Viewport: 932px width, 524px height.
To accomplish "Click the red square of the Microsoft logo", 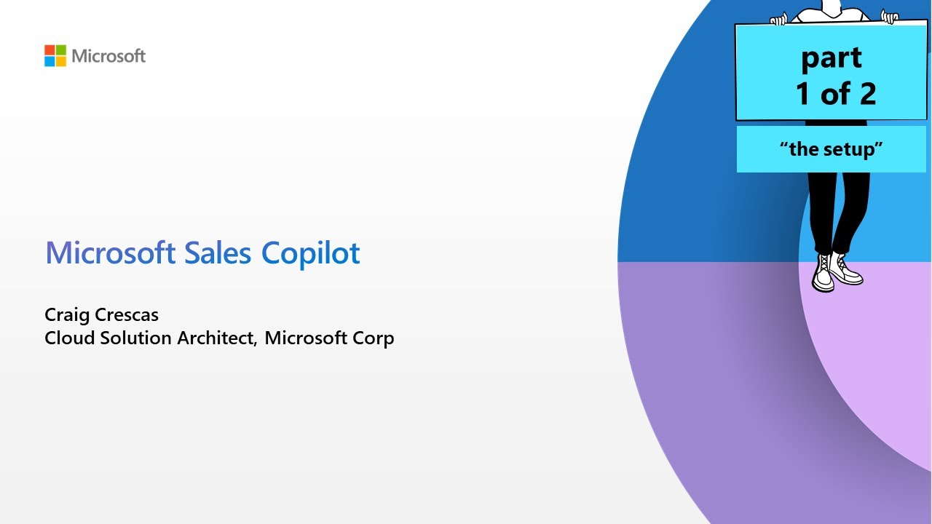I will [x=50, y=50].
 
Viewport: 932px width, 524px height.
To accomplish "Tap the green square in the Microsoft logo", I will [x=60, y=50].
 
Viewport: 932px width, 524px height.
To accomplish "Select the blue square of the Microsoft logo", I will [x=50, y=61].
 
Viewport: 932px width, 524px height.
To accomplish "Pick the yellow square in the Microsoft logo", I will [x=60, y=61].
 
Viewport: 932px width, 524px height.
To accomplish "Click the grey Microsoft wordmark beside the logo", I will [x=108, y=56].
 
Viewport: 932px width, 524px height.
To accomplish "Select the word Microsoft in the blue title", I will [x=110, y=253].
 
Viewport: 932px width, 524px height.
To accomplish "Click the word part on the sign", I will [x=832, y=59].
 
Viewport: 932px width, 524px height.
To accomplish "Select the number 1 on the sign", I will [x=802, y=94].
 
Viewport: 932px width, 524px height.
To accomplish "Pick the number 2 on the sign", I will [x=865, y=94].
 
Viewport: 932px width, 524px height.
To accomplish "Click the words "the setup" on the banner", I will [x=831, y=149].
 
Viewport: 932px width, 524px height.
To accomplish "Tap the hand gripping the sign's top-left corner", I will [x=778, y=19].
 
